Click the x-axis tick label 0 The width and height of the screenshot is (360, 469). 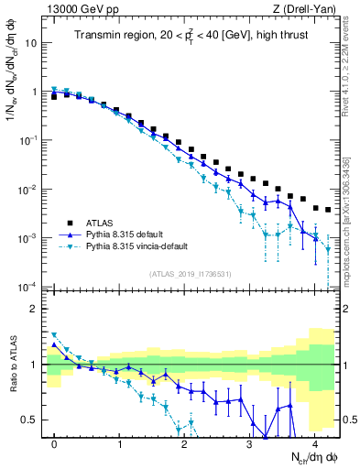55,443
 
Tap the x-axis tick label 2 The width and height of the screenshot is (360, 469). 184,443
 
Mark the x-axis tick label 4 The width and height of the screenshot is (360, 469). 314,443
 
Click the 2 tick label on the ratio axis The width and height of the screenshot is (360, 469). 35,309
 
